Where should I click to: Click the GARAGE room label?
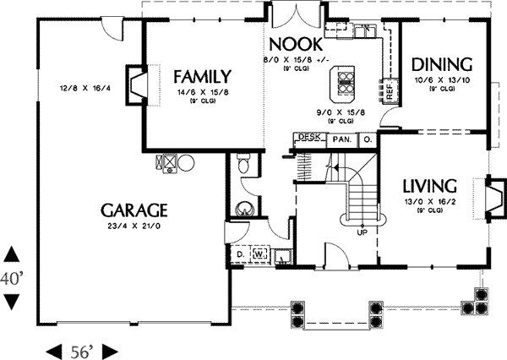[x=134, y=210]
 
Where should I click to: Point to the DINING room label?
[x=442, y=64]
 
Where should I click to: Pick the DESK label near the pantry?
[x=307, y=138]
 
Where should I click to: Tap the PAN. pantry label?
[x=341, y=139]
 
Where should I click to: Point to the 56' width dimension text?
[x=80, y=350]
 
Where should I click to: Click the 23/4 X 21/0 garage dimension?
[x=134, y=226]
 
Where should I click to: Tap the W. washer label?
[x=259, y=252]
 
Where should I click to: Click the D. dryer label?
[x=239, y=252]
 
